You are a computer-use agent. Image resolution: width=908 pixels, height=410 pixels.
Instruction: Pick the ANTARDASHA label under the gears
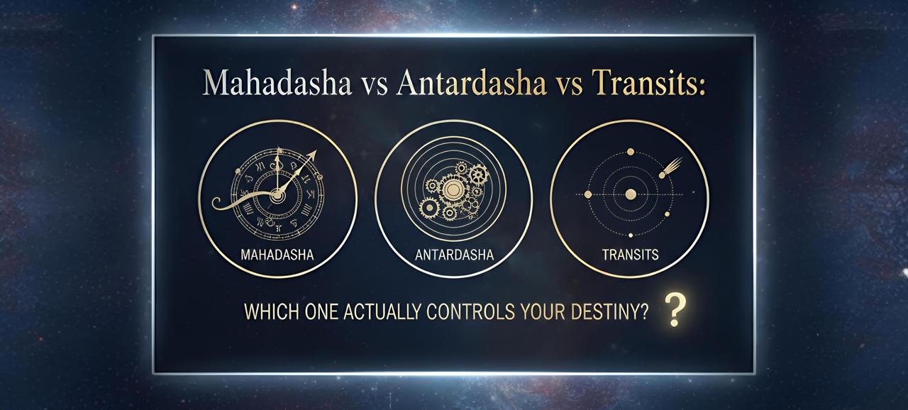click(x=453, y=254)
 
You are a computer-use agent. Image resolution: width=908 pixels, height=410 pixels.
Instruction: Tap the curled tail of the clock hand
click(x=218, y=204)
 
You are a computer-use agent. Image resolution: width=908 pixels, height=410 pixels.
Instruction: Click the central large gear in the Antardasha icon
click(x=453, y=188)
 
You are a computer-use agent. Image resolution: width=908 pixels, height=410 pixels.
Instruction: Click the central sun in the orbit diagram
click(x=630, y=194)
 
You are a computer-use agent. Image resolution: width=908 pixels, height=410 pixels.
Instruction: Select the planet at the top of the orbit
click(x=630, y=151)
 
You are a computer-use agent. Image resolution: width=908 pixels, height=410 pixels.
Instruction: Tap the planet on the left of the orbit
click(x=587, y=194)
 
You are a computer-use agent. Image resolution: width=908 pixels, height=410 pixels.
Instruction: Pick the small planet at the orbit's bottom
click(x=630, y=235)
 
